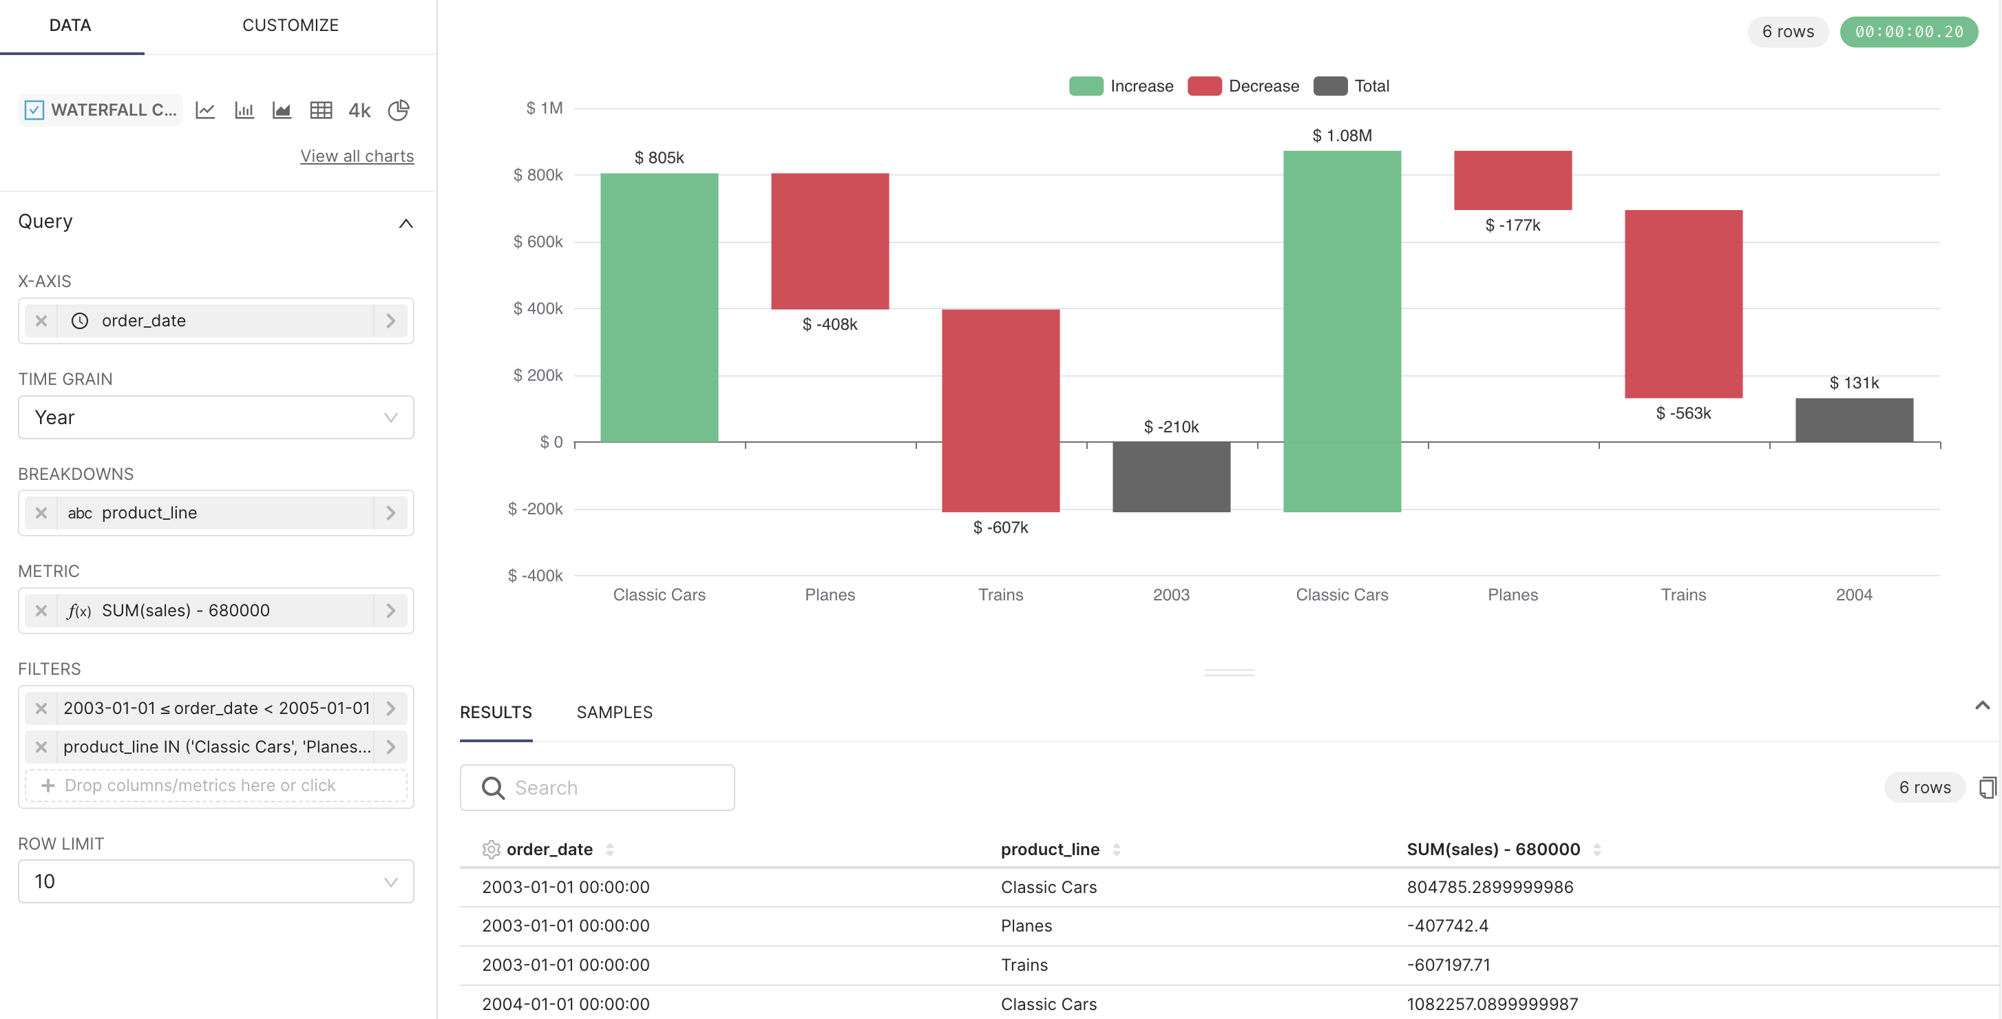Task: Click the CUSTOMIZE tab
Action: coord(290,25)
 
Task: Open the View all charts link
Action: coord(357,156)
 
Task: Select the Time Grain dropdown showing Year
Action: coord(215,417)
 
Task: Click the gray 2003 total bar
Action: coord(1170,476)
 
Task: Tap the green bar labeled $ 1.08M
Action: coord(1341,330)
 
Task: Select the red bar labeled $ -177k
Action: coord(1512,180)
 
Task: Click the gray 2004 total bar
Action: coord(1853,420)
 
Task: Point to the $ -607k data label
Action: coord(1000,528)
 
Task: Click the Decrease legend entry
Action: coord(1243,86)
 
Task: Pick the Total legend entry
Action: coord(1351,86)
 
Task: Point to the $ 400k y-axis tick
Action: coord(538,308)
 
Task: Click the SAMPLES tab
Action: coord(614,712)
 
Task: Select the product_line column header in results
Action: coord(1049,849)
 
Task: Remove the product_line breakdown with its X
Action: coord(41,513)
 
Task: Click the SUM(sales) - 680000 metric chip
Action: coord(187,610)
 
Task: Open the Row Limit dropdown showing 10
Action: coord(215,881)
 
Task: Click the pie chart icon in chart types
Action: coord(399,110)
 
